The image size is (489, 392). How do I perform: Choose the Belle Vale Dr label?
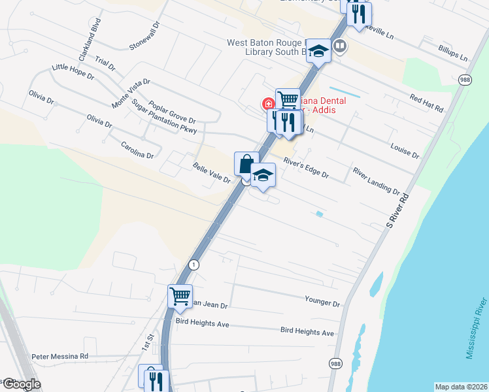tap(211, 173)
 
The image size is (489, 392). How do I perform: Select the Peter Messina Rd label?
tap(59, 357)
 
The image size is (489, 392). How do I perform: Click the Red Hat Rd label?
tap(426, 102)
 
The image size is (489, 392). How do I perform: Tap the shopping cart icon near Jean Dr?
tap(179, 295)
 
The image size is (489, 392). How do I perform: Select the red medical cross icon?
tap(268, 104)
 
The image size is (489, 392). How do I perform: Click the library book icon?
tap(339, 46)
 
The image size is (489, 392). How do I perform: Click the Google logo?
tap(22, 385)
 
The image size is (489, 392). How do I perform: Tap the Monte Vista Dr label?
tap(131, 93)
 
